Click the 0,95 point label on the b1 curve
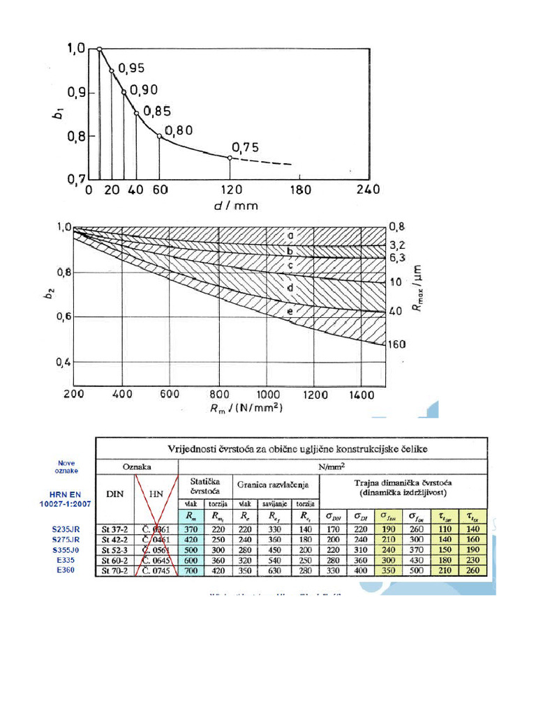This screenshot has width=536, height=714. pyautogui.click(x=131, y=68)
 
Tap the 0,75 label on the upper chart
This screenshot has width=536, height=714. pyautogui.click(x=245, y=147)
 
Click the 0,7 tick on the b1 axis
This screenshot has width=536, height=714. pyautogui.click(x=75, y=179)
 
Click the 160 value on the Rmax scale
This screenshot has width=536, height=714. pyautogui.click(x=397, y=344)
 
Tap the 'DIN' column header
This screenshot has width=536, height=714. pyautogui.click(x=114, y=493)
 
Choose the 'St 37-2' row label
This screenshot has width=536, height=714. pyautogui.click(x=115, y=529)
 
